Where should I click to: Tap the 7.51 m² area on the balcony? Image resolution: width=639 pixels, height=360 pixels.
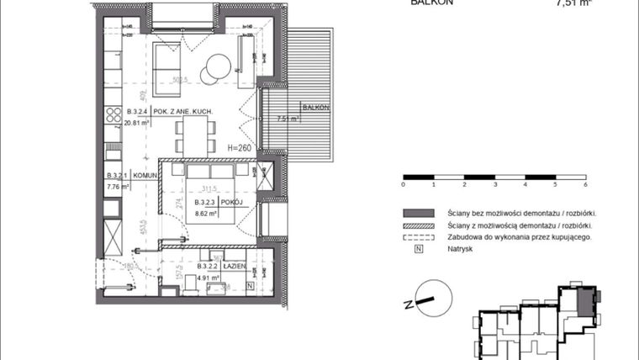[288, 119]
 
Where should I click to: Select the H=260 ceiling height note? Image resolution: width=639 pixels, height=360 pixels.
[240, 146]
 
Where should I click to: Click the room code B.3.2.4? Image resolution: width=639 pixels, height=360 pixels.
[137, 112]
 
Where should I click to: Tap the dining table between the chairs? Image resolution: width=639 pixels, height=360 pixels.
[194, 132]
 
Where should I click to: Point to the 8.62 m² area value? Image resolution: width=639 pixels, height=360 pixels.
[207, 214]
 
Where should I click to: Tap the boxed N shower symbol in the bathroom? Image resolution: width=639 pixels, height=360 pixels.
[251, 288]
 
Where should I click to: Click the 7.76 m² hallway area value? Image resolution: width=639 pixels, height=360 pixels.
[117, 187]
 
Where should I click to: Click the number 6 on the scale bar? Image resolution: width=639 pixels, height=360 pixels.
[584, 183]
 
